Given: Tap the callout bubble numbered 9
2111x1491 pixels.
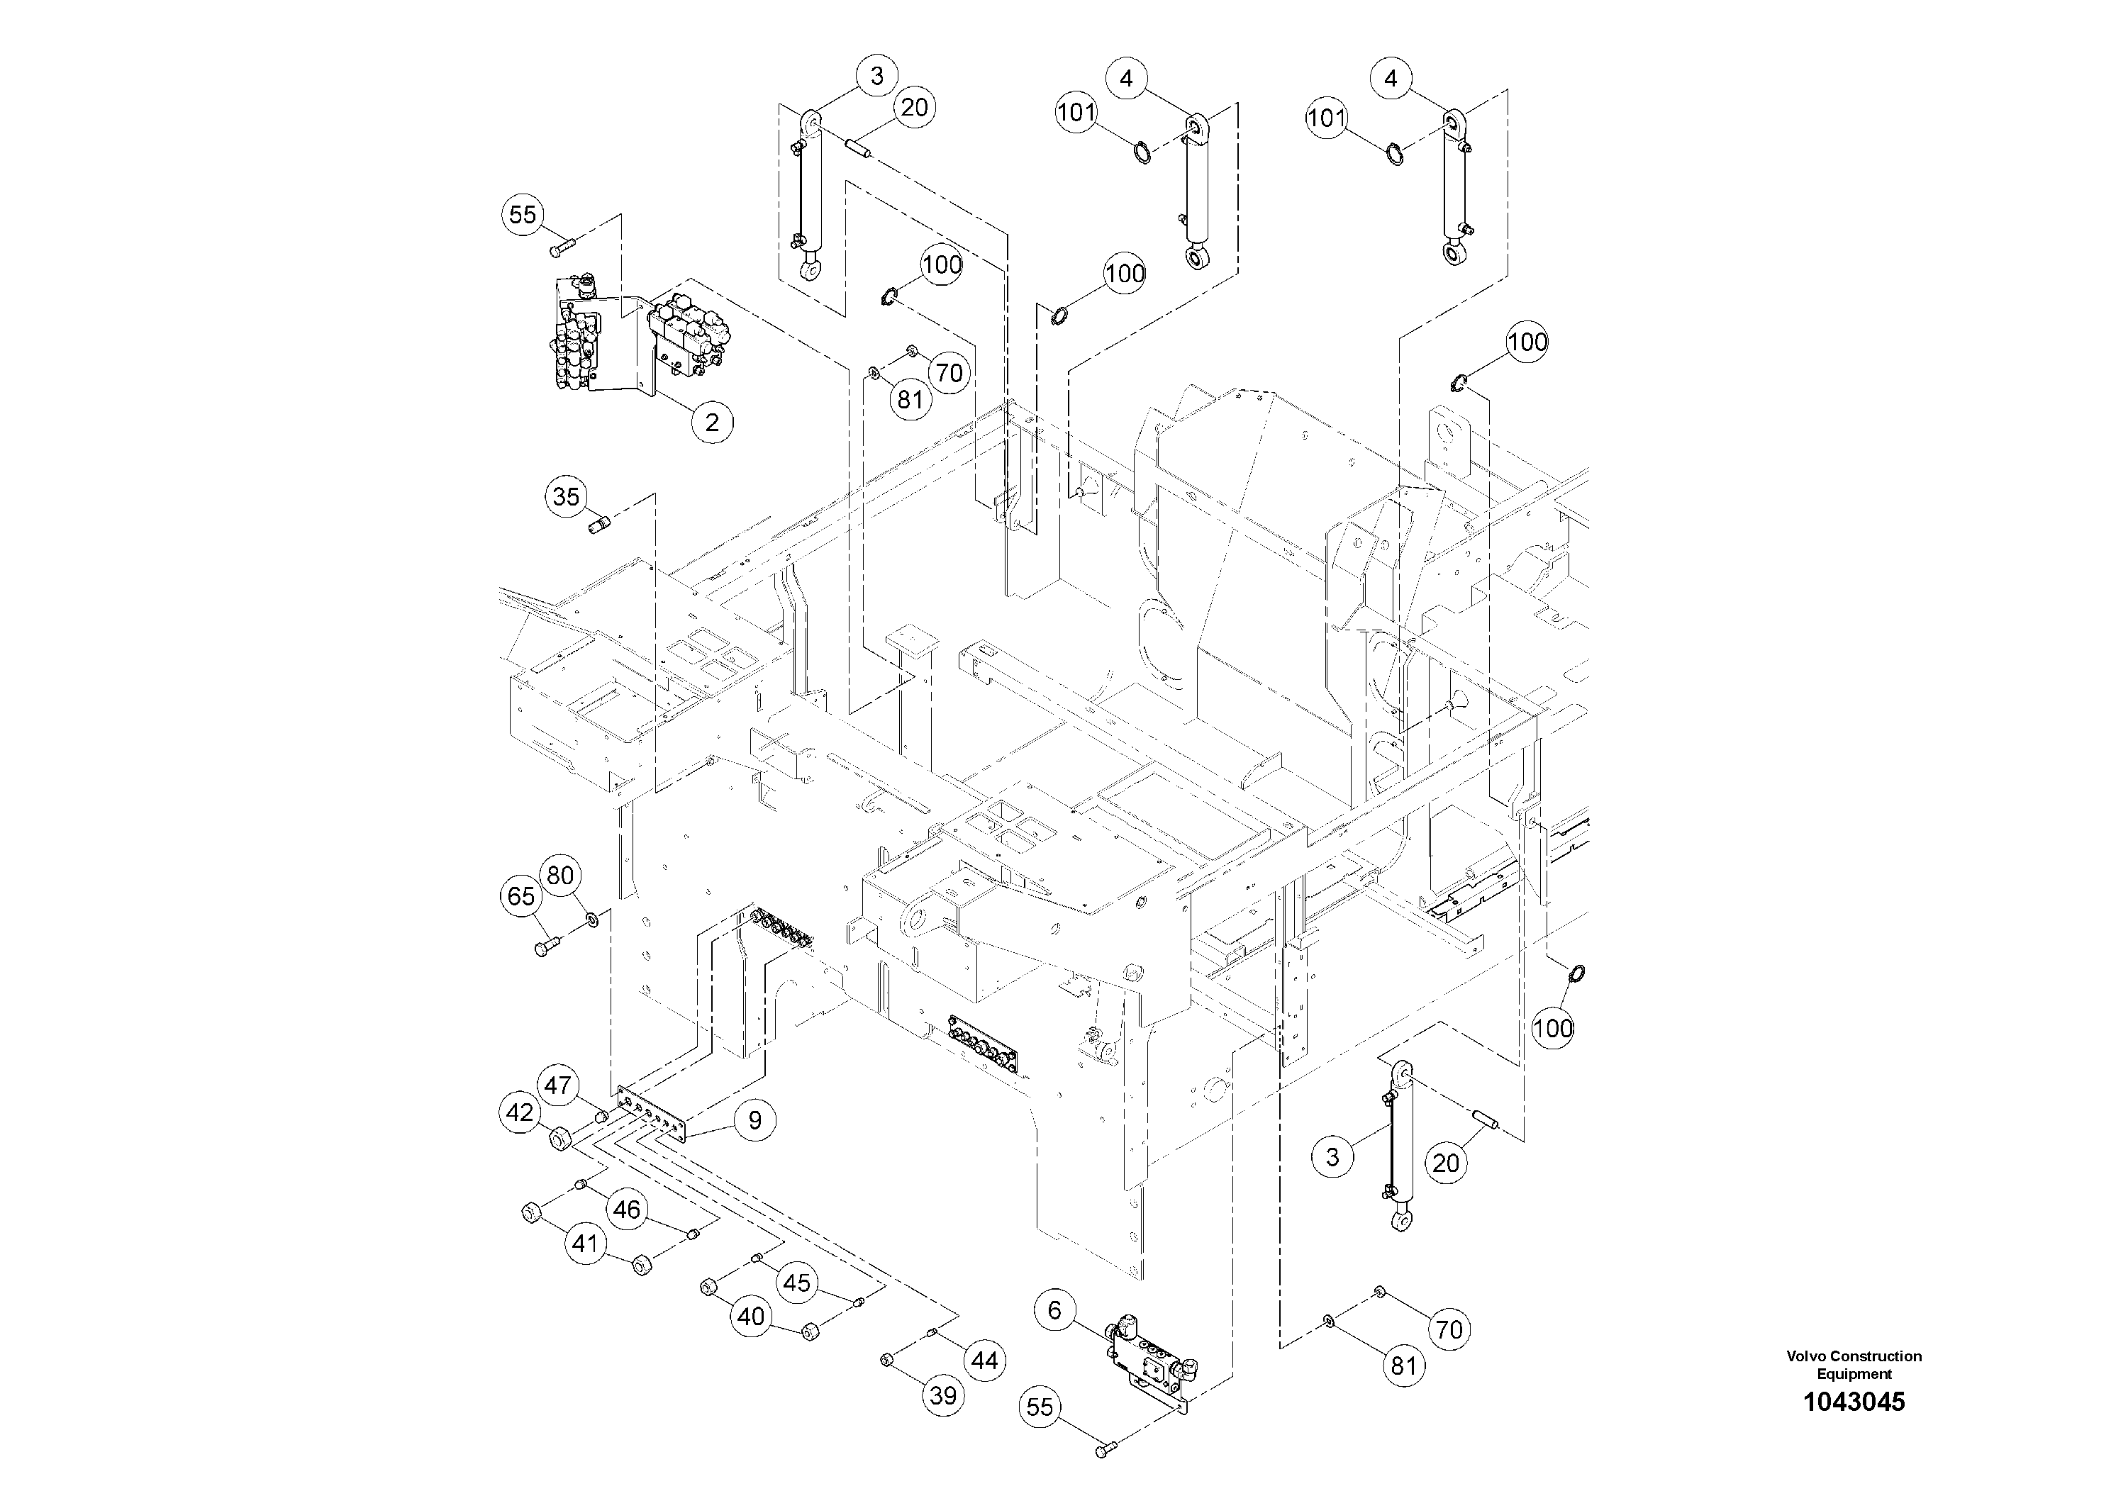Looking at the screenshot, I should (755, 1120).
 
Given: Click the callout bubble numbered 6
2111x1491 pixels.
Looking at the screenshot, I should (1054, 1311).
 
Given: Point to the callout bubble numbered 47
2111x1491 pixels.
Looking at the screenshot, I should (557, 1085).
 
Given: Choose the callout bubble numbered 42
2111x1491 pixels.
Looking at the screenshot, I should (520, 1113).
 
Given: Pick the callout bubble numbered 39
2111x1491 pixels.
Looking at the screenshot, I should (943, 1396).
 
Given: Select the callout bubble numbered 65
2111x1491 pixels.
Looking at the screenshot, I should (521, 896).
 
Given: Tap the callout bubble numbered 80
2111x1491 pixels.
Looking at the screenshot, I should (560, 875).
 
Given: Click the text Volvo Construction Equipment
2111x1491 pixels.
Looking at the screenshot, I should (1854, 1364).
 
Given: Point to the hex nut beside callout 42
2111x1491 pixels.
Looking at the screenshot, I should (560, 1140).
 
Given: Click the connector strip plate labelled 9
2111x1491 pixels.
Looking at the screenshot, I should (653, 1113).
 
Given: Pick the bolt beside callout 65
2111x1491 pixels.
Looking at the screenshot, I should (546, 946).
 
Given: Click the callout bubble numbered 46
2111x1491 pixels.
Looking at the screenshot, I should (626, 1210).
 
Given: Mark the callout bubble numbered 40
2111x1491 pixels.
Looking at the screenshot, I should (750, 1317).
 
